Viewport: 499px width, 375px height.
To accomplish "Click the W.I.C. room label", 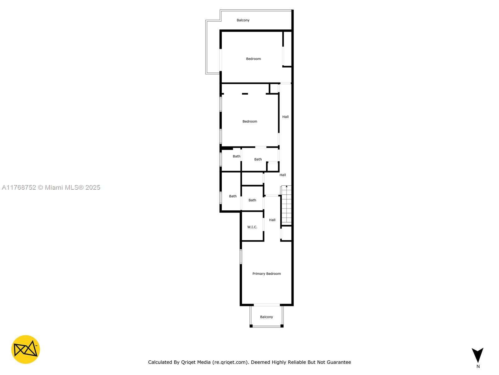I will click(252, 227).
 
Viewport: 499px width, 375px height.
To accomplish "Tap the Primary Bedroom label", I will click(266, 274).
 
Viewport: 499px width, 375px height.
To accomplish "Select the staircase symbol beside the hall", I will click(286, 205).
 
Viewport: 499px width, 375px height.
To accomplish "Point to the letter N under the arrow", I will click(478, 367).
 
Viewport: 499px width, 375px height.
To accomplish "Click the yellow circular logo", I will click(26, 349).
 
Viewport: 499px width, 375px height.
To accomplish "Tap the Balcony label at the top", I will click(243, 20).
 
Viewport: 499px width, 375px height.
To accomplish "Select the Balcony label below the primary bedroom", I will click(266, 317).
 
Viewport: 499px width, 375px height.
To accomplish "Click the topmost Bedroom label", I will click(253, 59).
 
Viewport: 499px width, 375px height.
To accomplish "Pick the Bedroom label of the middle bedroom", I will click(250, 122).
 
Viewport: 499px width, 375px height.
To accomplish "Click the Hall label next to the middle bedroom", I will click(285, 117).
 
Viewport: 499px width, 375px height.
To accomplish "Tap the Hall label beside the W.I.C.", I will click(272, 220).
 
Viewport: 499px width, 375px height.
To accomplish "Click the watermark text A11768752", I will click(19, 187).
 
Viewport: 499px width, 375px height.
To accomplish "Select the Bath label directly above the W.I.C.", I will click(252, 200).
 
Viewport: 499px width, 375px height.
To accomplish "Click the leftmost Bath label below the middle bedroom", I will click(236, 156).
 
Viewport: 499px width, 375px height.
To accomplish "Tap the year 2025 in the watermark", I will click(93, 187).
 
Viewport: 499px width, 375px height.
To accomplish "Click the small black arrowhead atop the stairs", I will click(286, 187).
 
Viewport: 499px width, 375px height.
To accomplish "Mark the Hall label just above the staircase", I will click(283, 175).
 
